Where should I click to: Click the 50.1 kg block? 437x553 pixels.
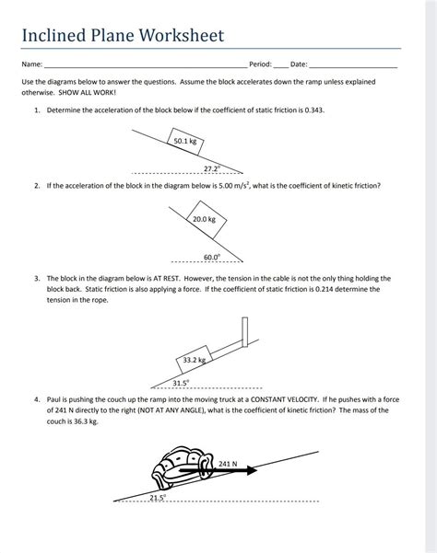click(184, 142)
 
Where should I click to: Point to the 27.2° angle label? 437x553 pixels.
click(211, 168)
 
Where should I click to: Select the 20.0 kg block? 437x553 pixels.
click(204, 220)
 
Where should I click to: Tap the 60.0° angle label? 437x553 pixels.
click(211, 257)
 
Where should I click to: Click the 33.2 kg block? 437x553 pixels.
click(195, 360)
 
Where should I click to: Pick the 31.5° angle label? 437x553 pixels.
click(181, 382)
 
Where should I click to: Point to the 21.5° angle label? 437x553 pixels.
click(158, 497)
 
